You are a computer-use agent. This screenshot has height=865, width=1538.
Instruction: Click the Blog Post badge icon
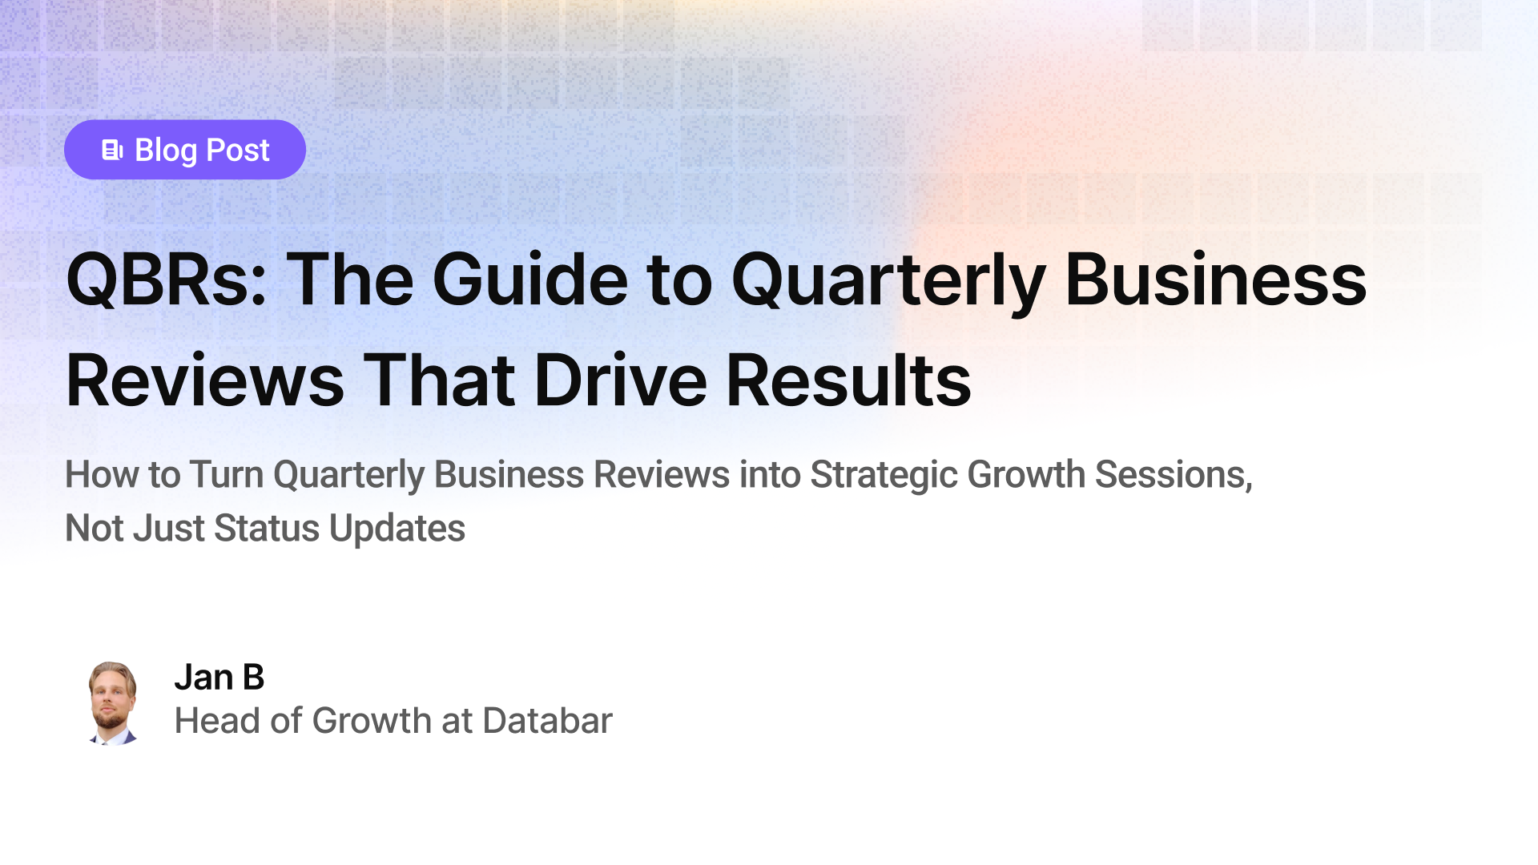[112, 150]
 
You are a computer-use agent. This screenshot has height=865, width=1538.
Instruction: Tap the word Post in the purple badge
[238, 150]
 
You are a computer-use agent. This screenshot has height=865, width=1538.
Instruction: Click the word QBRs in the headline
[166, 280]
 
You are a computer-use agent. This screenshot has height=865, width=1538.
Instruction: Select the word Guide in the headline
[530, 280]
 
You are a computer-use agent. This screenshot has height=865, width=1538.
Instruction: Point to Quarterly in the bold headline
[888, 280]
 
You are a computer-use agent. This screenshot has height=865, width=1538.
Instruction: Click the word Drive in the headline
[621, 380]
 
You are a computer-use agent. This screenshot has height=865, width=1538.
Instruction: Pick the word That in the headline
[439, 380]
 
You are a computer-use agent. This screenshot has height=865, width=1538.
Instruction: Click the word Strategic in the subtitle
[884, 474]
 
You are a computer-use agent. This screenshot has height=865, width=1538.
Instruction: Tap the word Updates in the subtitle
[397, 529]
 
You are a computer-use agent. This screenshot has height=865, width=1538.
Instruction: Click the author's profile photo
[112, 702]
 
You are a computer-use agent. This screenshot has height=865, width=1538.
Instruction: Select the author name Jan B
[219, 678]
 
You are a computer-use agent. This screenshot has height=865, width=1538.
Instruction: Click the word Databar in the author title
[547, 721]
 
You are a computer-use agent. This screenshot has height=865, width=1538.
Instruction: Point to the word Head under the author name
[216, 721]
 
